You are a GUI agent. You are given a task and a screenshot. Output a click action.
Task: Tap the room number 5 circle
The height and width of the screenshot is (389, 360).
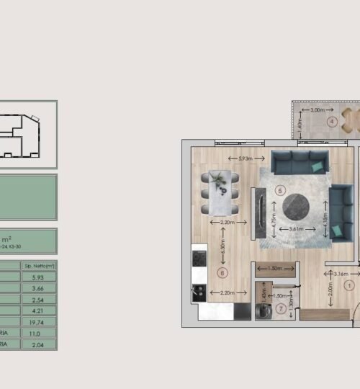pos(280,190)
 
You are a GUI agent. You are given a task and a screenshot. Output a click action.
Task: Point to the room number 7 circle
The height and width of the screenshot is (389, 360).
pos(261,308)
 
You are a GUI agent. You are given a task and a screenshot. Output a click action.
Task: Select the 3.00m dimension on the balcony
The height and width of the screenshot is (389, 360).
pos(317,110)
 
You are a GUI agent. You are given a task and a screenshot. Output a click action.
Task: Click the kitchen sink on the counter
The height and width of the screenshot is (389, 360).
pos(198,256)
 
